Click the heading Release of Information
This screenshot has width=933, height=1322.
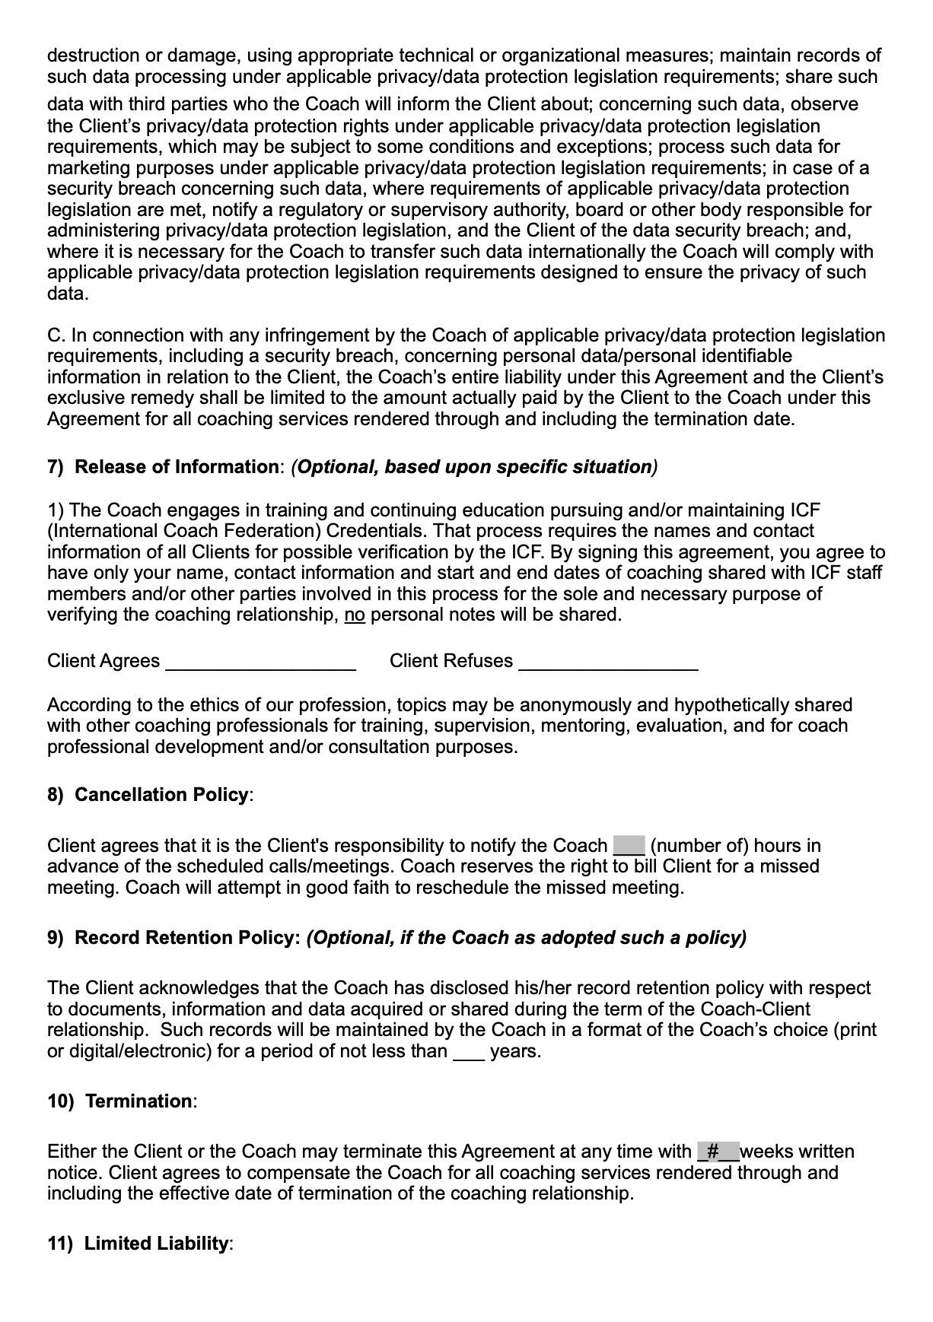point(177,467)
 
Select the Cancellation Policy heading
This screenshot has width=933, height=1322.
point(161,795)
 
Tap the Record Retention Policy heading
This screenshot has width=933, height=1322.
point(187,938)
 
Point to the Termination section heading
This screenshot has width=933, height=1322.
point(139,1101)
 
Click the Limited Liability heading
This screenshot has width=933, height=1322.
point(156,1244)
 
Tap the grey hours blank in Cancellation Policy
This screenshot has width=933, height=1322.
point(629,846)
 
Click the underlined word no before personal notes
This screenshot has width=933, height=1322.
point(355,615)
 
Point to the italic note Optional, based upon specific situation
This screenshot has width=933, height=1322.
point(474,467)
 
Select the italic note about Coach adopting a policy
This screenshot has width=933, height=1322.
point(526,938)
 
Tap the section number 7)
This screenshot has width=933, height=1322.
point(56,467)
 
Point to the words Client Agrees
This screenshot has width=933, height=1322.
point(103,661)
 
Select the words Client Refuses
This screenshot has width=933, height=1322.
point(451,661)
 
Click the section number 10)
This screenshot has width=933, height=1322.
point(60,1101)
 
